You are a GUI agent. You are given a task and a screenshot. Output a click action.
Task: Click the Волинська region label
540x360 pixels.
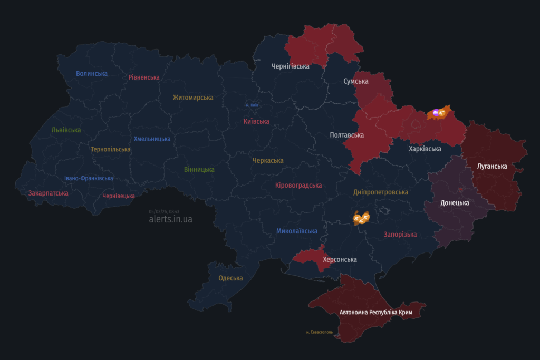pos(92,74)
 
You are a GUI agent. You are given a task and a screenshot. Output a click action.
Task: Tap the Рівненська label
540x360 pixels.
pos(144,77)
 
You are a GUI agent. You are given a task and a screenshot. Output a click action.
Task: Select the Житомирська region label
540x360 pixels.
pos(193,98)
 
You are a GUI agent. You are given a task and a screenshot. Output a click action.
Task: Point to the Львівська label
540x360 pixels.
pos(66,130)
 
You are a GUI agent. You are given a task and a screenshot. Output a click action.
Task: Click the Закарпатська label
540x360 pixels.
pos(49,193)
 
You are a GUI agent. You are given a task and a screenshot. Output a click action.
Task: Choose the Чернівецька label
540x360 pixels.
pos(119,196)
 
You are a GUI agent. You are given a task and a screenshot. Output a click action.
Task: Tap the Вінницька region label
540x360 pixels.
pos(199,170)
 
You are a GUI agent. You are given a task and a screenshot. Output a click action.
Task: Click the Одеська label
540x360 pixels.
pos(230,278)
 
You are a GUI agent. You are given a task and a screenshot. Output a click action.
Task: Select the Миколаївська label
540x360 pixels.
pos(297,231)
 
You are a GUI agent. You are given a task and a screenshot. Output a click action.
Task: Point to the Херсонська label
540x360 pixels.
pos(340,260)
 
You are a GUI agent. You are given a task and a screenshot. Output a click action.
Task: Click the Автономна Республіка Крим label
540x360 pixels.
pos(375,313)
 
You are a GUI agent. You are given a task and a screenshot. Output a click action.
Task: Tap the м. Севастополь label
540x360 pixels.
pos(320,332)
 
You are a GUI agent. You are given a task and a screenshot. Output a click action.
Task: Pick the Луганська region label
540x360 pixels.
pos(492,167)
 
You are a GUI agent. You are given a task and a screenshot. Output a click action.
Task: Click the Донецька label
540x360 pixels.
pos(455,203)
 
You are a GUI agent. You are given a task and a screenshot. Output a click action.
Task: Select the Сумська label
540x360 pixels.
pos(356,81)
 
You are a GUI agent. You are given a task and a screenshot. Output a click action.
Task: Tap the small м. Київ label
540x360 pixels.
pos(252,105)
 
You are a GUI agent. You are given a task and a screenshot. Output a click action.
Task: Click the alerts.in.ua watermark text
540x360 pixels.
pos(171,219)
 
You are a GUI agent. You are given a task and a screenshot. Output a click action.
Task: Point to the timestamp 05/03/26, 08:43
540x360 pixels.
pos(164,211)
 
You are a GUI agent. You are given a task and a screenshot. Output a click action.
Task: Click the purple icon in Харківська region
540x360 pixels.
pos(436,112)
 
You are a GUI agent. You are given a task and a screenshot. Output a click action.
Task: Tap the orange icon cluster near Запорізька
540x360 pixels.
pos(361,217)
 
